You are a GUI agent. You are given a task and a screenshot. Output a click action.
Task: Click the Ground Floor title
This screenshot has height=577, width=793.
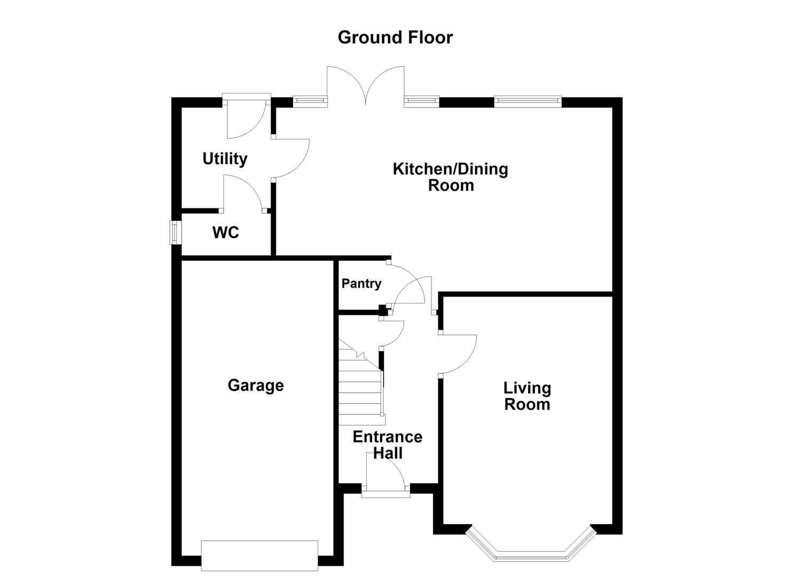click(x=395, y=37)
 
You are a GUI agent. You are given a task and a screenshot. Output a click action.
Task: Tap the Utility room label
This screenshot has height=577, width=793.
click(x=225, y=159)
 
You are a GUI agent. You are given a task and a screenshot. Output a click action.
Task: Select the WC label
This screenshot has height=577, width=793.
click(x=225, y=232)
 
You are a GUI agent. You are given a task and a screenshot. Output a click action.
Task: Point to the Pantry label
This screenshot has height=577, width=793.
click(x=362, y=283)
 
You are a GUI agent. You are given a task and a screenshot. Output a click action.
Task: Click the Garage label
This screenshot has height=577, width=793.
click(x=255, y=385)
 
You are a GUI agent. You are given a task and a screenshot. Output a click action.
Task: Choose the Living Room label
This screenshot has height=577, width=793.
click(x=527, y=396)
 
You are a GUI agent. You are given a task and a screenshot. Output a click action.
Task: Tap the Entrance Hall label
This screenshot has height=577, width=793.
click(x=387, y=445)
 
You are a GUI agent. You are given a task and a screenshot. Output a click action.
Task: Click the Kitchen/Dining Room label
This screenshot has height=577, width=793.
click(x=450, y=177)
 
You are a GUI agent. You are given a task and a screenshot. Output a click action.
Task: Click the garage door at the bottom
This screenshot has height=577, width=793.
click(x=260, y=556)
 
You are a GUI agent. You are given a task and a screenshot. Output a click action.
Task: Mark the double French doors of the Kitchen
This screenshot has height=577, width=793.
click(x=366, y=85)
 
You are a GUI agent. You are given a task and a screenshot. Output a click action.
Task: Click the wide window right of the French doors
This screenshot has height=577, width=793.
click(x=528, y=101)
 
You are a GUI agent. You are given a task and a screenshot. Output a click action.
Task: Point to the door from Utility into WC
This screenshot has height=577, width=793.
click(x=243, y=193)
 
